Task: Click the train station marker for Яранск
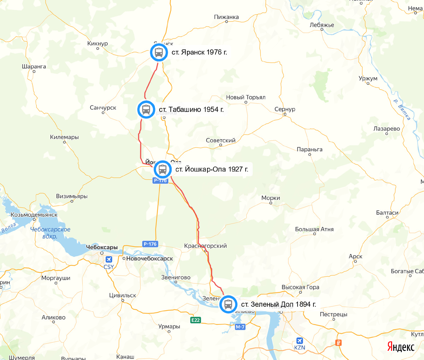coord(159,53)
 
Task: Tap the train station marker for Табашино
coord(146,109)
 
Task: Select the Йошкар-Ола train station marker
coord(163,169)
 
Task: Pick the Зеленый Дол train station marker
coord(228,304)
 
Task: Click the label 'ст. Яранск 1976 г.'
coord(199,53)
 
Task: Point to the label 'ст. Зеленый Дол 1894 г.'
coord(278,304)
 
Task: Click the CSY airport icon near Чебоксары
coord(108,260)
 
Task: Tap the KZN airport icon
coord(300,341)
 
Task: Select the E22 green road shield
coord(195,320)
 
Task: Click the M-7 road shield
coord(240,327)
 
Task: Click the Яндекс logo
coord(401,347)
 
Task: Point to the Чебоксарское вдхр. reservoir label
coord(50,233)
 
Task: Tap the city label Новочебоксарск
coord(149,259)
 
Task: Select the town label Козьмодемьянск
coord(34,215)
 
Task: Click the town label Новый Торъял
coord(246,97)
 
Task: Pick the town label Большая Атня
coord(314,229)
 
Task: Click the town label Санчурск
coord(103,108)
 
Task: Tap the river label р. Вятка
coord(402,110)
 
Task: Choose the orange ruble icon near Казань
coord(338,343)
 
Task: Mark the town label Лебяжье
coord(322,25)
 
